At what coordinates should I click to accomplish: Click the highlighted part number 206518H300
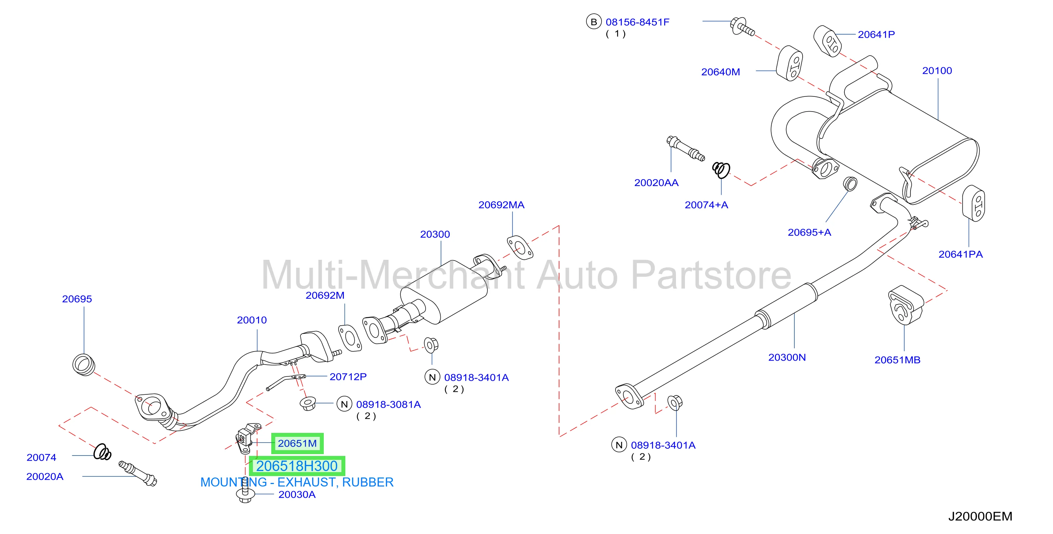coord(297,466)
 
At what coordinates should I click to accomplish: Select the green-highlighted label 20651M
coord(297,443)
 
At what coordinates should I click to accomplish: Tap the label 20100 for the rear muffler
coord(937,71)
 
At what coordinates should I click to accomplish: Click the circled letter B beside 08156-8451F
coord(594,22)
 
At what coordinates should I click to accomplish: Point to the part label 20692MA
coord(501,205)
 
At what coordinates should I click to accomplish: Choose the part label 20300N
coord(787,357)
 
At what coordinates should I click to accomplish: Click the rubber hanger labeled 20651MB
coord(906,305)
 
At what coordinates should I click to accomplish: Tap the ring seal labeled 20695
coord(84,365)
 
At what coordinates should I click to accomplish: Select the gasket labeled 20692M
coord(350,338)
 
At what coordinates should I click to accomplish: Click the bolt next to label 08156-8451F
coord(742,27)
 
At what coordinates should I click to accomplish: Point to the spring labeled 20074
coord(102,452)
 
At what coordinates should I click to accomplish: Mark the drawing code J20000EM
coord(980,516)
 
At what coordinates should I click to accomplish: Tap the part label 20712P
coord(348,377)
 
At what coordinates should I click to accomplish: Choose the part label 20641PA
coord(961,254)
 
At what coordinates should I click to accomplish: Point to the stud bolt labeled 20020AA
coord(686,148)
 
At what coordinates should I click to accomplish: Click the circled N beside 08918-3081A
coord(344,404)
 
